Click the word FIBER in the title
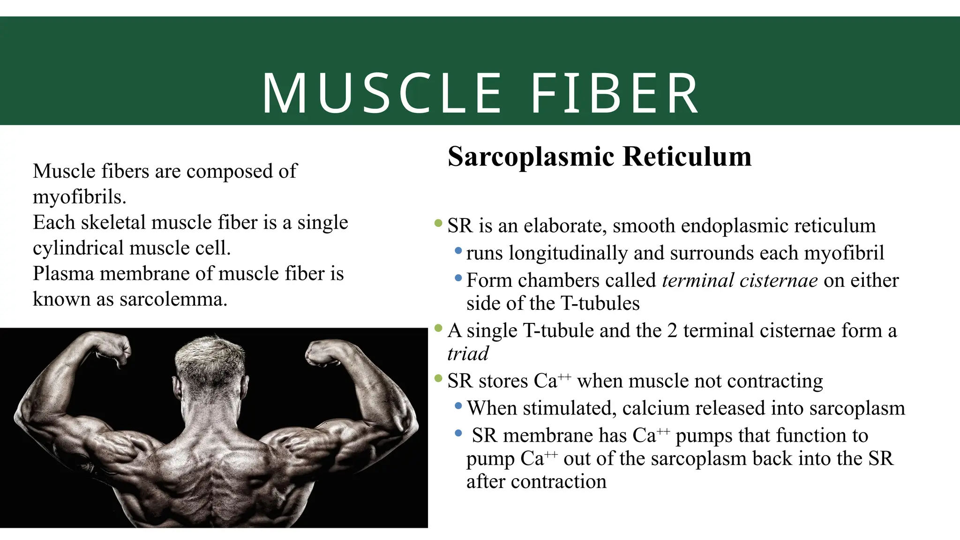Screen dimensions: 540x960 tap(615, 93)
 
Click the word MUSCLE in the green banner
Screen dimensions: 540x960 tap(382, 93)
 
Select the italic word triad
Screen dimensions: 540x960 tap(468, 354)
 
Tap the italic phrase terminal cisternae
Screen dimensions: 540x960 tap(740, 281)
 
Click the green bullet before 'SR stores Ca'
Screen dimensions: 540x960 tap(438, 378)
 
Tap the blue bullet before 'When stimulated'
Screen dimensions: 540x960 tap(458, 405)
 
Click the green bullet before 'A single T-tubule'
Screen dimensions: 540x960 tap(438, 328)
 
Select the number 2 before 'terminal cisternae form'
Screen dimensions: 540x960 tap(672, 331)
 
